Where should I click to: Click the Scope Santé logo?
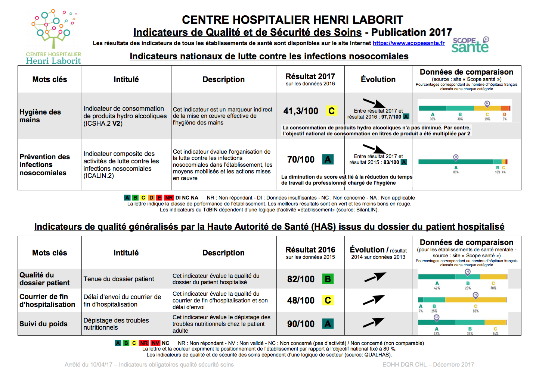tap(470, 45)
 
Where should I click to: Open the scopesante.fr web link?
tap(409, 43)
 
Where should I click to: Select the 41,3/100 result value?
tap(301, 111)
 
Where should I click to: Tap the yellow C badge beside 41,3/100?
tap(331, 111)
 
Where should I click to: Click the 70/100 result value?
tap(301, 160)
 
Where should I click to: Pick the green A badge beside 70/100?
tap(328, 160)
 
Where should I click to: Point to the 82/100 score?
tap(301, 279)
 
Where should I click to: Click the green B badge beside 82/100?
tap(328, 279)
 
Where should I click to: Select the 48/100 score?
tap(301, 301)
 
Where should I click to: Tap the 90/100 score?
tap(301, 324)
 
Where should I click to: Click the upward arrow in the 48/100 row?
tap(374, 300)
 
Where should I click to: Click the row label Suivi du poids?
tap(43, 324)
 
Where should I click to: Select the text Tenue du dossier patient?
tap(119, 279)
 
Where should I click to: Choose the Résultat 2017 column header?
tap(310, 79)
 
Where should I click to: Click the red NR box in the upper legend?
tap(169, 198)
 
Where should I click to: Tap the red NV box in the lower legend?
tap(155, 343)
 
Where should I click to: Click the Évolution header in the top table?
tap(378, 79)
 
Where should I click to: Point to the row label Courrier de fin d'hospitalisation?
tap(47, 301)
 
